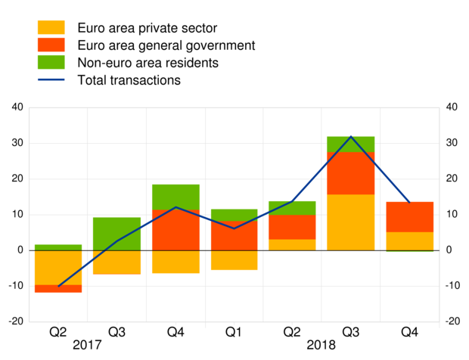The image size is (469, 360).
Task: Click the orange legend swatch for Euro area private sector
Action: click(51, 28)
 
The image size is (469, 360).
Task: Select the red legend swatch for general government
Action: click(51, 45)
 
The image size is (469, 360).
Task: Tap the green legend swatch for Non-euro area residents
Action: click(51, 62)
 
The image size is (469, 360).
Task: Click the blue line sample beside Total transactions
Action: click(51, 79)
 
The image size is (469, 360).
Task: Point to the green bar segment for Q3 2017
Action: click(116, 234)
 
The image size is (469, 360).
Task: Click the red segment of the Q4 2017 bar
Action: click(175, 230)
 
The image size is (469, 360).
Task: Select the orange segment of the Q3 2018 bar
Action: click(350, 222)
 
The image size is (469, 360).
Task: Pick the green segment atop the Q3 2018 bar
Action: click(350, 144)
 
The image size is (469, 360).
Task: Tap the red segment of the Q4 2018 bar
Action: click(409, 217)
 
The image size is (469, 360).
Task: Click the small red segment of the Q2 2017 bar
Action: click(58, 288)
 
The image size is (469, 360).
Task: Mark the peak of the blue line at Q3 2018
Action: click(350, 137)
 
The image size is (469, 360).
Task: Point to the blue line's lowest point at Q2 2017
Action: click(58, 286)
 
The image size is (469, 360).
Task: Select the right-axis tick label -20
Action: click(453, 321)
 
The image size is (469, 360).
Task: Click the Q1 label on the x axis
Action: click(234, 331)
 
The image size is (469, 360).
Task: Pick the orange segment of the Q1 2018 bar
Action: click(234, 259)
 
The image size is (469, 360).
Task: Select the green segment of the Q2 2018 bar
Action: click(292, 208)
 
